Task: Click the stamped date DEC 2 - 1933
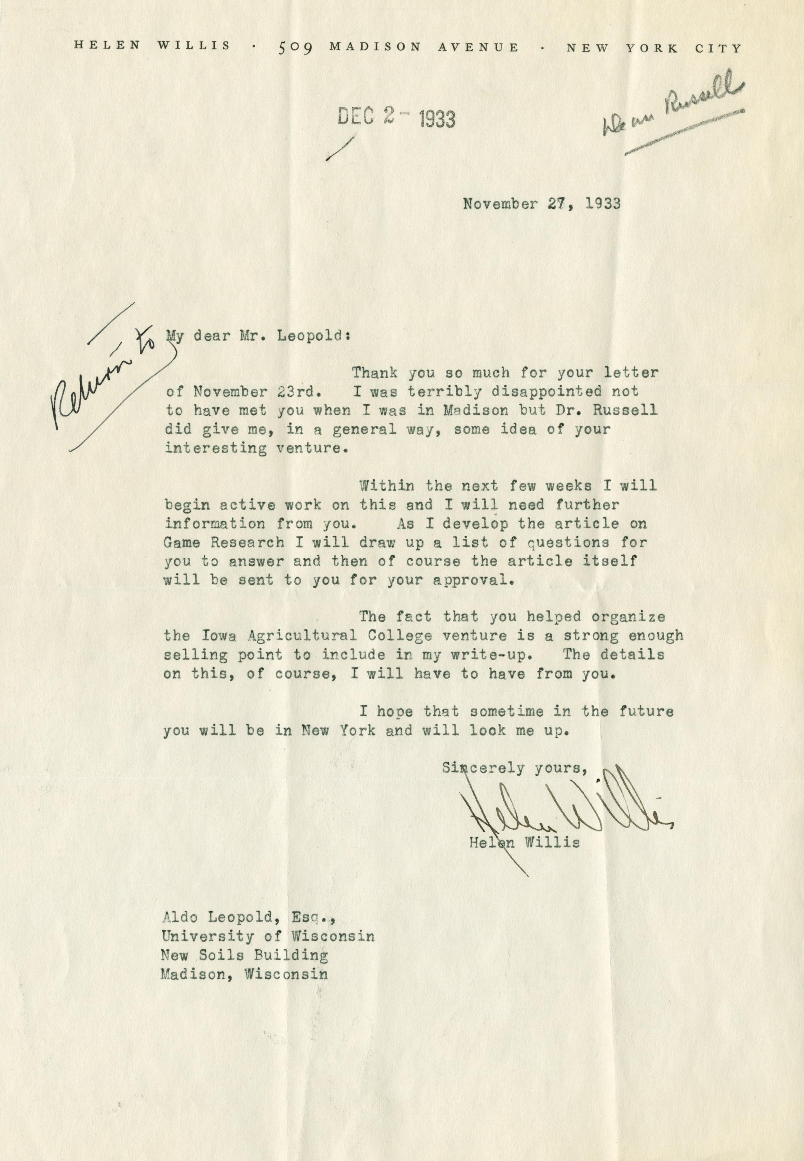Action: point(396,118)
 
